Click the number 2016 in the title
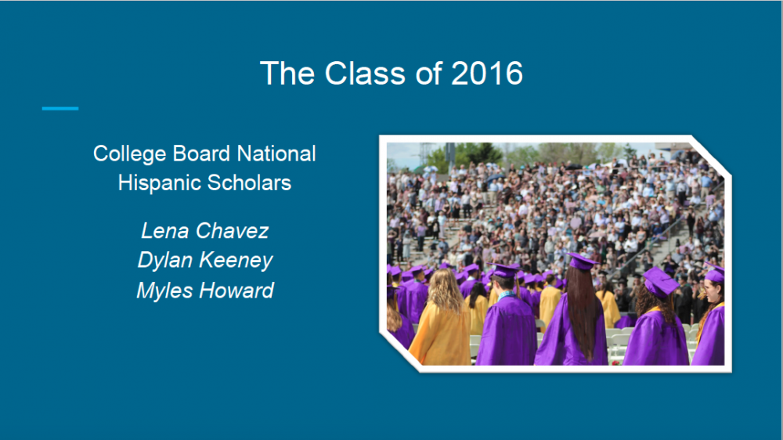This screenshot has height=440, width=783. [x=487, y=74]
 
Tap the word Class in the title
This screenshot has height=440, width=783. [x=365, y=74]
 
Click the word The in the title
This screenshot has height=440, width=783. [x=287, y=74]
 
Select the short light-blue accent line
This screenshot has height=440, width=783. [x=60, y=108]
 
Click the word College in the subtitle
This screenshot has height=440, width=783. [x=130, y=154]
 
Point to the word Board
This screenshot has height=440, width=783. [x=201, y=153]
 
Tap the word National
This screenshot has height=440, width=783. [x=276, y=153]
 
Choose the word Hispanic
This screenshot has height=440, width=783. [x=159, y=183]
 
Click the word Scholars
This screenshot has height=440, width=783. [x=249, y=182]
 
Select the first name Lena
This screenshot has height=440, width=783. [x=165, y=231]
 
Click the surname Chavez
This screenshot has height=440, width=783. [x=233, y=231]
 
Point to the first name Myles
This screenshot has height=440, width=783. [x=164, y=291]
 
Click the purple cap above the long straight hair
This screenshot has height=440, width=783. [x=583, y=261]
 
